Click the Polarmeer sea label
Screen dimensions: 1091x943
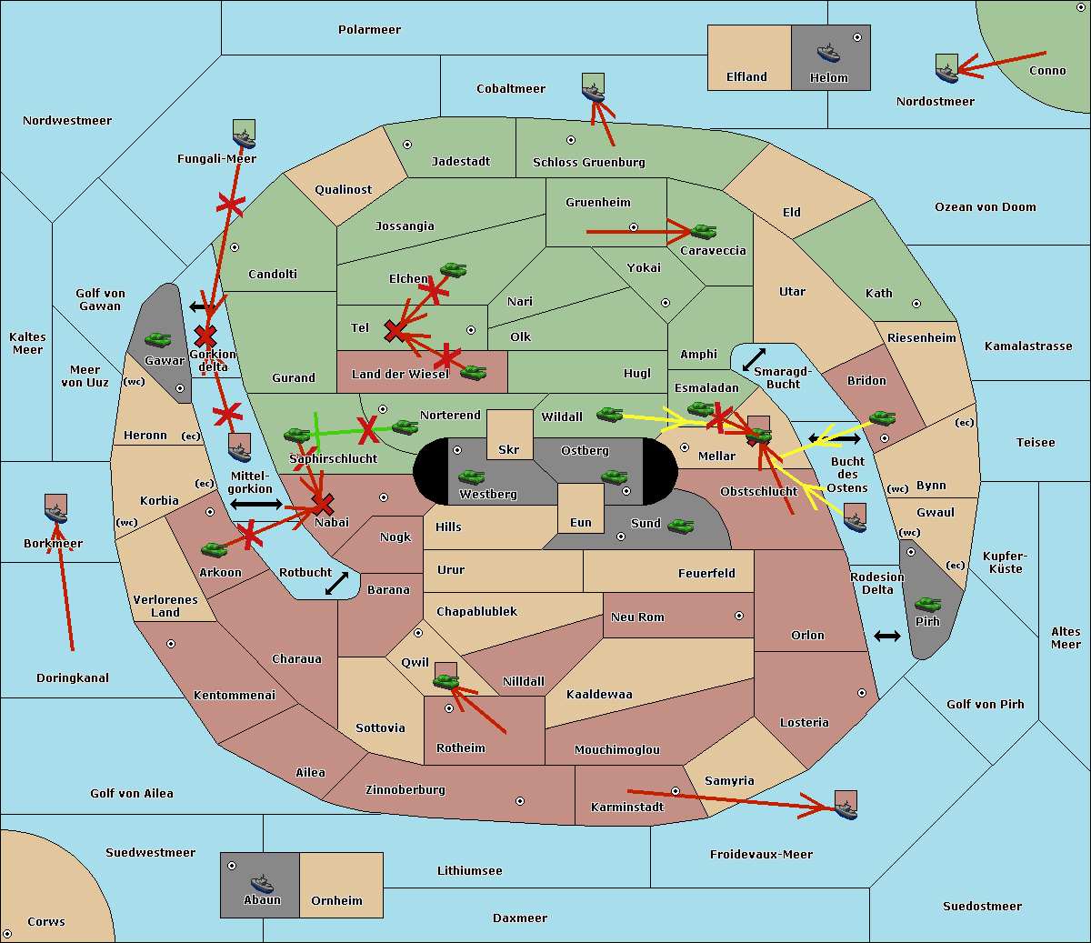pyautogui.click(x=369, y=30)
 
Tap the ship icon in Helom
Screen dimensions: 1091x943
pyautogui.click(x=828, y=54)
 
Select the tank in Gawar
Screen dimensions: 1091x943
pyautogui.click(x=157, y=340)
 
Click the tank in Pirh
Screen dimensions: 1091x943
pyautogui.click(x=927, y=604)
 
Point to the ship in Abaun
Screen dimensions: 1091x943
pyautogui.click(x=262, y=883)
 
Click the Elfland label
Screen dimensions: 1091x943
pyautogui.click(x=746, y=77)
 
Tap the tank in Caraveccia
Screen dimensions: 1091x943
pyautogui.click(x=703, y=231)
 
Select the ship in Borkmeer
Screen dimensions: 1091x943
pyautogui.click(x=56, y=513)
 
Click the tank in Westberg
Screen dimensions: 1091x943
pyautogui.click(x=471, y=477)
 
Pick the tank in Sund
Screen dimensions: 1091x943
pyautogui.click(x=680, y=526)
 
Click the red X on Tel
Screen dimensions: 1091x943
pyautogui.click(x=394, y=331)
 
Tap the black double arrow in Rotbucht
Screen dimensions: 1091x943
pyautogui.click(x=336, y=583)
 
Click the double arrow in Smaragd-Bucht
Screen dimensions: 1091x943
pyautogui.click(x=754, y=359)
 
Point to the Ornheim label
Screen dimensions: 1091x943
pyautogui.click(x=336, y=901)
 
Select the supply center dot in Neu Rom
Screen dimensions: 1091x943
pyautogui.click(x=739, y=616)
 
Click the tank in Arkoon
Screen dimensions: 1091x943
pyautogui.click(x=215, y=549)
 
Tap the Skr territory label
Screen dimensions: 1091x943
pyautogui.click(x=508, y=450)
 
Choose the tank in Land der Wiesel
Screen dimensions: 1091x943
pyautogui.click(x=473, y=373)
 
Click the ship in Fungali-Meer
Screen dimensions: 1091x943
pyautogui.click(x=244, y=139)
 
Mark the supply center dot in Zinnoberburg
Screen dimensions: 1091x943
pyautogui.click(x=520, y=801)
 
